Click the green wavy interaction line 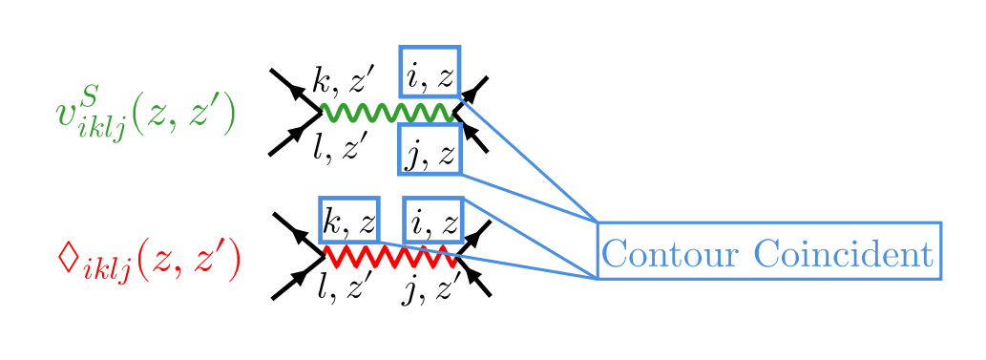pyautogui.click(x=388, y=113)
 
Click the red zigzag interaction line pyautogui.click(x=390, y=257)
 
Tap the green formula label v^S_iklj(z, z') pyautogui.click(x=144, y=114)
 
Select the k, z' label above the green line pyautogui.click(x=345, y=80)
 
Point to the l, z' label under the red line pyautogui.click(x=339, y=286)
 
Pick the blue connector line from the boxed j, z pyautogui.click(x=530, y=198)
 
